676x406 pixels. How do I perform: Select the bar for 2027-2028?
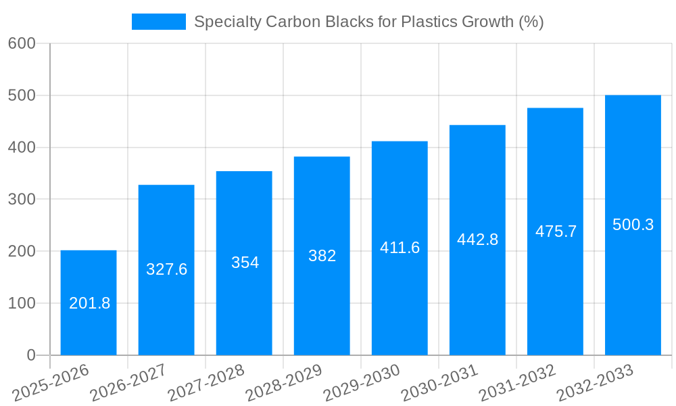point(244,298)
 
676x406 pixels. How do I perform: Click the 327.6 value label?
point(166,269)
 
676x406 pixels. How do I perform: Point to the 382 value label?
point(322,256)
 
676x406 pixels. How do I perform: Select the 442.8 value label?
point(477,240)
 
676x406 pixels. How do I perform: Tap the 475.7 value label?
point(556,231)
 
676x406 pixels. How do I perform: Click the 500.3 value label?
point(633,225)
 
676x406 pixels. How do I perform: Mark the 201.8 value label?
point(89,303)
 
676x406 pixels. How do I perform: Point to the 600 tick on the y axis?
point(22,43)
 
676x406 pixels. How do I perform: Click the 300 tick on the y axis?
point(22,199)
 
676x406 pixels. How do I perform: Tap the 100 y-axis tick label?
point(22,303)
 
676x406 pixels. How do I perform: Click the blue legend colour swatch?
point(158,22)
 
